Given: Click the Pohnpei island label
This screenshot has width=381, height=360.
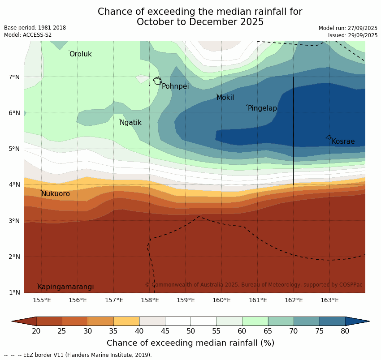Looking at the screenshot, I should tap(175, 86).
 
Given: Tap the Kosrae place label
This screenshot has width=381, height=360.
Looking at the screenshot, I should tap(343, 141).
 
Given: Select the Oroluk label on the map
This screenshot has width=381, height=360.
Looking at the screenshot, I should tap(81, 54).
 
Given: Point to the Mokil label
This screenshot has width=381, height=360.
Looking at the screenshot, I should tap(225, 98).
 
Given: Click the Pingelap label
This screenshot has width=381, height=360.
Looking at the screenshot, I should tap(262, 108).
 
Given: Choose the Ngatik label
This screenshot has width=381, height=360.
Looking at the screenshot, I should tap(130, 123).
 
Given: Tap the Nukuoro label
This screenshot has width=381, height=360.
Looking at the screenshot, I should tap(56, 194).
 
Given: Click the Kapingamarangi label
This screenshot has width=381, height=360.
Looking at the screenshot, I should tap(66, 287).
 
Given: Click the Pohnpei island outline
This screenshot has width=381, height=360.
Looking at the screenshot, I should tap(157, 81).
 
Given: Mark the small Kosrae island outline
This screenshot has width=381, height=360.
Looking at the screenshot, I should tap(329, 137).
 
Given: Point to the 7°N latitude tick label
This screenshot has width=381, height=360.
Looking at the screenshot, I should tap(15, 77).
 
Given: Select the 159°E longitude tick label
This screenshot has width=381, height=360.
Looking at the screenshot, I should tap(186, 300).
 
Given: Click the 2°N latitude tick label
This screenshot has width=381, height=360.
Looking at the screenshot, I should tap(15, 257).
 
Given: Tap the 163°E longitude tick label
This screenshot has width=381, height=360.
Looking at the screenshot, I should tap(329, 300).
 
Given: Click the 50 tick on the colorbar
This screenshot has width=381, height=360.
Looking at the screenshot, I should tap(190, 331).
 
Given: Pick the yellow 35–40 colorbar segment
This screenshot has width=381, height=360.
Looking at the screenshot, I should tap(126, 321).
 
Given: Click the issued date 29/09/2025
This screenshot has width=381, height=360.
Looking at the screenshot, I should tap(352, 35).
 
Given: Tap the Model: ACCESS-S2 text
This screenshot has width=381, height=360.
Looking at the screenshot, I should tap(28, 35).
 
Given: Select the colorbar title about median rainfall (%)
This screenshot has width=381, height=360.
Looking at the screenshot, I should tap(190, 343).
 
